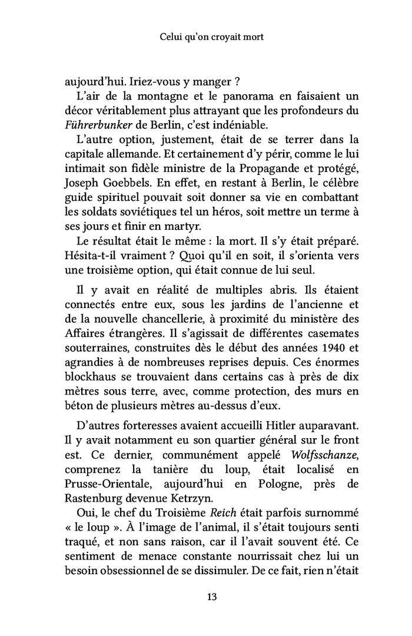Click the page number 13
[x=212, y=597]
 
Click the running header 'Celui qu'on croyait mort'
[x=211, y=37]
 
